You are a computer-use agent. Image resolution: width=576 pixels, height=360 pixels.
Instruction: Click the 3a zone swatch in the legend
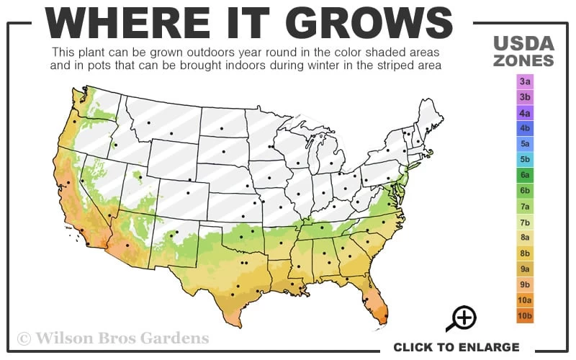[525, 81]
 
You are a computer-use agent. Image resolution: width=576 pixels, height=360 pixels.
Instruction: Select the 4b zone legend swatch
[525, 128]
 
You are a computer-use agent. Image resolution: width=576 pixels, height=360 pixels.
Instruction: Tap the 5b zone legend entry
[525, 159]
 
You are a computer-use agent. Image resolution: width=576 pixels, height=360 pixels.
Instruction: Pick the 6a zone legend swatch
[525, 175]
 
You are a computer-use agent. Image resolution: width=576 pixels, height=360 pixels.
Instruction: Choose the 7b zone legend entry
[525, 222]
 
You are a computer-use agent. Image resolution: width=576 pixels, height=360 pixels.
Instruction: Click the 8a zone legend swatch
[525, 237]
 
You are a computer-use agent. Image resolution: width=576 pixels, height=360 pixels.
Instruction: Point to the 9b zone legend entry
[525, 284]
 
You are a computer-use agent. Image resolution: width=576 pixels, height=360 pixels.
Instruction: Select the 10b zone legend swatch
[525, 315]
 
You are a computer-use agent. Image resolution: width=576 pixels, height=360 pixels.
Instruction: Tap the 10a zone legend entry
[525, 300]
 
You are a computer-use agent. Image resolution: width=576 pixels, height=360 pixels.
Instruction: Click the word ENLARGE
[487, 347]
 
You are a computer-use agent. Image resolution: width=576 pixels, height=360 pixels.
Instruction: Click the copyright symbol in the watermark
[24, 338]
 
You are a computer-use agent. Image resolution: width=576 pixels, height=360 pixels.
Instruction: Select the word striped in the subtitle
[392, 66]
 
